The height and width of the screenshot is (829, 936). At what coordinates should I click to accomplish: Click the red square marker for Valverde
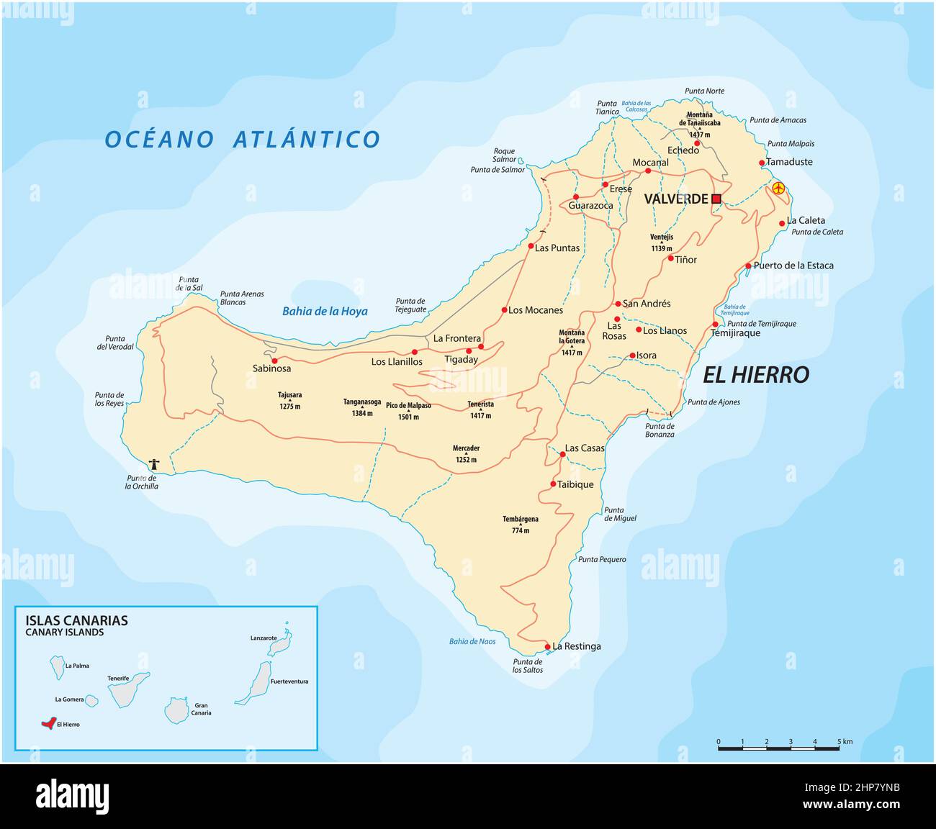click(x=716, y=199)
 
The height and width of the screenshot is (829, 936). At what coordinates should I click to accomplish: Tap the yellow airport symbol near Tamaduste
click(x=778, y=188)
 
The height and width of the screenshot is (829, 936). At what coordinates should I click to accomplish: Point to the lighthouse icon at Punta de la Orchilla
click(x=153, y=464)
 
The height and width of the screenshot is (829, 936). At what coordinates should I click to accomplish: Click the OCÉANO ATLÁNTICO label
click(x=242, y=139)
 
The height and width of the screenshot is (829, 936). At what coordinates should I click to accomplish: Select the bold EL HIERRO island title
click(x=755, y=374)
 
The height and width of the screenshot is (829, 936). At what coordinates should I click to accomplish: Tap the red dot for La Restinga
click(x=547, y=646)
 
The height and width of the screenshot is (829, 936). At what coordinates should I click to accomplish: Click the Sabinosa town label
click(x=271, y=368)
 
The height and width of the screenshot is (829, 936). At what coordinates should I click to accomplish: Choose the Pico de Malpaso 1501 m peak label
click(x=408, y=411)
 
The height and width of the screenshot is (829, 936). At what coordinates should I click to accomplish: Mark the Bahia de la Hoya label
click(x=325, y=312)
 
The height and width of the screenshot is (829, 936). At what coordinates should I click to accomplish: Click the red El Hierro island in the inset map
click(x=48, y=723)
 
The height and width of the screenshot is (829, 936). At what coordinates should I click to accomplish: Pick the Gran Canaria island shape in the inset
click(x=176, y=710)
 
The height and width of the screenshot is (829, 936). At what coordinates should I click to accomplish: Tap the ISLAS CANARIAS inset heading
click(x=76, y=620)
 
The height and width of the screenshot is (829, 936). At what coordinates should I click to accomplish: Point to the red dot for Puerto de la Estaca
click(x=748, y=266)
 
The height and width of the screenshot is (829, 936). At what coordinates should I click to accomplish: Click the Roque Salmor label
click(x=504, y=155)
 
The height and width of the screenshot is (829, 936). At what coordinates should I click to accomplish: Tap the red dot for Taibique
click(x=553, y=484)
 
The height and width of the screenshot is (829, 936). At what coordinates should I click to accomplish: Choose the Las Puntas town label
click(x=557, y=248)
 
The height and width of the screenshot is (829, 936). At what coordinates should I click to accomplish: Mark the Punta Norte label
click(x=705, y=91)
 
